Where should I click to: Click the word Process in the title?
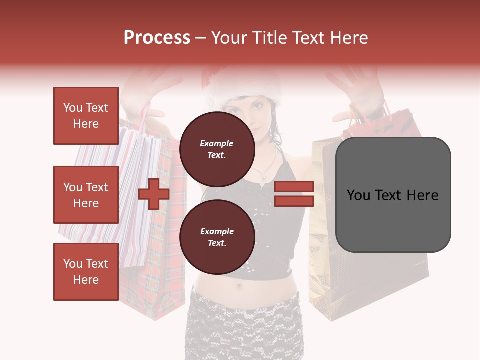157,38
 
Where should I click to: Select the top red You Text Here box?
86,116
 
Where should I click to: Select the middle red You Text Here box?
86,195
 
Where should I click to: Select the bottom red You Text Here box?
86,272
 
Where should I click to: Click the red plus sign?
154,194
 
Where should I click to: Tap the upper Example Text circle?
217,149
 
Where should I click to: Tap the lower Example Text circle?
217,237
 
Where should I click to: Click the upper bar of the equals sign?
294,186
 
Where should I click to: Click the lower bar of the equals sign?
294,201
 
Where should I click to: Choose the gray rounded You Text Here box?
393,195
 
